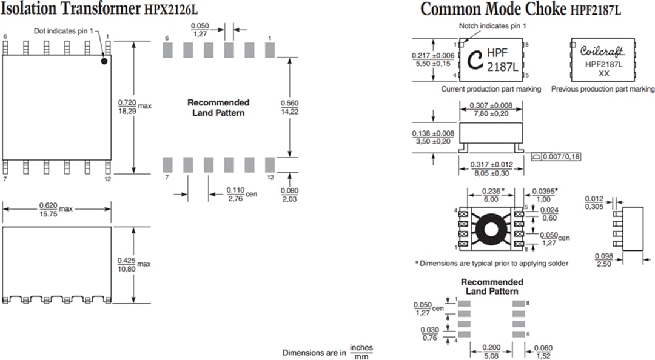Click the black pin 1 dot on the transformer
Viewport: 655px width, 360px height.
coord(104,60)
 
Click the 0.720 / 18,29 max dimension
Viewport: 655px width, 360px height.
coord(127,105)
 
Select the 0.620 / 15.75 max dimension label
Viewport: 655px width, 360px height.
coord(49,208)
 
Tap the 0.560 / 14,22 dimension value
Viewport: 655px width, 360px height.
coord(290,107)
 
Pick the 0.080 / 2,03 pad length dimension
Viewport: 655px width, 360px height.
coord(291,195)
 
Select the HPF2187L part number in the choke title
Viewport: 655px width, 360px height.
coord(596,10)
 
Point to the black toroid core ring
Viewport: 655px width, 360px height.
coord(491,228)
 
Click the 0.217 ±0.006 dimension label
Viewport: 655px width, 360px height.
coord(432,59)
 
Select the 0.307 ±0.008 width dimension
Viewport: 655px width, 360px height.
coord(491,110)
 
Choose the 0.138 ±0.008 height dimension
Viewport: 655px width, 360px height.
coord(432,137)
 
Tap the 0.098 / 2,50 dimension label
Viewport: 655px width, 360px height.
coord(603,260)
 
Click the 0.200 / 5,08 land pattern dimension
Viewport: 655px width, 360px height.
coord(491,350)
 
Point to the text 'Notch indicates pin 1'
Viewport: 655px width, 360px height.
coord(492,26)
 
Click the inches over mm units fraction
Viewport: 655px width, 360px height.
coord(361,352)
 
